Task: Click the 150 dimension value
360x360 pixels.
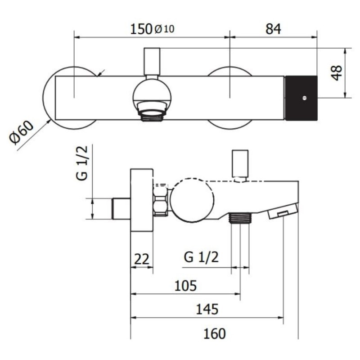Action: tap(141, 29)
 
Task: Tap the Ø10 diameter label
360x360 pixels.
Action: tap(164, 29)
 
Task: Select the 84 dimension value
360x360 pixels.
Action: tap(273, 29)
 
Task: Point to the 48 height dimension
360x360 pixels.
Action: tap(337, 73)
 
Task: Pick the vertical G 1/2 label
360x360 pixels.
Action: tap(82, 163)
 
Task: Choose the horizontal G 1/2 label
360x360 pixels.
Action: tap(201, 257)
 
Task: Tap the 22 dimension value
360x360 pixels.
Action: tap(142, 259)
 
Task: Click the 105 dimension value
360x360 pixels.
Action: tap(185, 286)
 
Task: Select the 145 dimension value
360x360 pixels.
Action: tap(207, 309)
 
